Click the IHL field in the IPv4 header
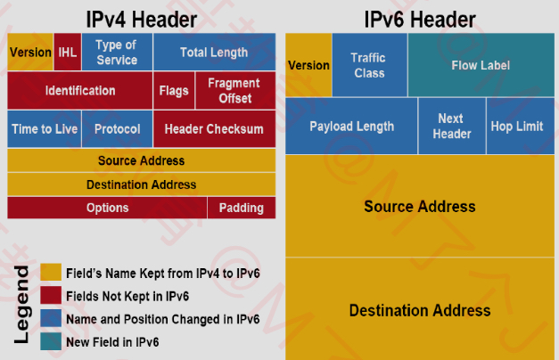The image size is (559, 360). coord(68,52)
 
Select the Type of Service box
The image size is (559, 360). coord(117,52)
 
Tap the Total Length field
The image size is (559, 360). coord(214,52)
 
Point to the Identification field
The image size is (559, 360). coord(80,91)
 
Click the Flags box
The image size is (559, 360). coord(174,91)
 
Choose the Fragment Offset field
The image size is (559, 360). coord(235,91)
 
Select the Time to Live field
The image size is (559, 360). coord(45,128)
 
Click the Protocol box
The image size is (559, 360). coord(118,128)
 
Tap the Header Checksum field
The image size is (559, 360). coord(214,128)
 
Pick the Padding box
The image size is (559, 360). coord(242,208)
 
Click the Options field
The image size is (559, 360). coord(107,208)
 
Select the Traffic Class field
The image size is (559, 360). coord(369,65)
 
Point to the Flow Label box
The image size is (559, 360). coord(481,65)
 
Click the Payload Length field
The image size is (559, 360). coord(351,126)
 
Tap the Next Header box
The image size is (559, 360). coord(452,126)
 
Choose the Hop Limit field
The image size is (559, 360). coord(520,126)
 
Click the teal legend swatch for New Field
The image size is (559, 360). coord(51,341)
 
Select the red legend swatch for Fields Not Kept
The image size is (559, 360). coord(51,295)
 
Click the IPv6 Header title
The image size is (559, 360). coord(420,20)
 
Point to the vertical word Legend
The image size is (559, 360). coord(21,305)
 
